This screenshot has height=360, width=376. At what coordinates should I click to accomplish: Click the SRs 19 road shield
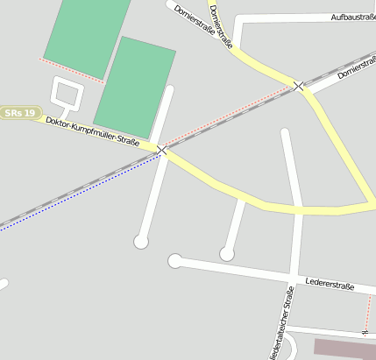(20, 113)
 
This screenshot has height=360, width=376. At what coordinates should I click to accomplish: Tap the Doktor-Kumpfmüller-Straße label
(92, 131)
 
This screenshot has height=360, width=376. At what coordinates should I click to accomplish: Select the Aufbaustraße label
(352, 18)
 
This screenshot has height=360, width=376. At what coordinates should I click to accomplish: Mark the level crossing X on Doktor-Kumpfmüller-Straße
(161, 151)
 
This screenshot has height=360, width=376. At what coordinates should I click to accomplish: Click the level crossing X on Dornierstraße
(300, 86)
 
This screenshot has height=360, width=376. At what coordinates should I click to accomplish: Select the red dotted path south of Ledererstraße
(369, 311)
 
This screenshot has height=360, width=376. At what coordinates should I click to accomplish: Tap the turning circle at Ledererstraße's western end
(175, 260)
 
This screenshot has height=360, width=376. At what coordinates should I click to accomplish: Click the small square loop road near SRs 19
(66, 92)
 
